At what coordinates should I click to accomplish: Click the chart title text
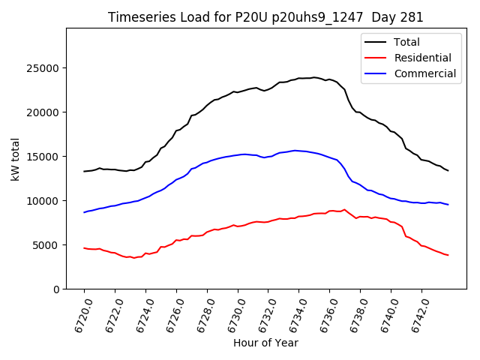coord(265,17)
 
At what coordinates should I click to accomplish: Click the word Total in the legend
coord(407,42)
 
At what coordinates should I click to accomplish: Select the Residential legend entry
coord(423,58)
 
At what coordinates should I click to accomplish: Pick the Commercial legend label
coord(425,73)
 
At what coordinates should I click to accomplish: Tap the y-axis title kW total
coord(15,159)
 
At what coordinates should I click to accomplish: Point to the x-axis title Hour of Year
coord(265,343)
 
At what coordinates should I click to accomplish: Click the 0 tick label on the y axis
coord(56,289)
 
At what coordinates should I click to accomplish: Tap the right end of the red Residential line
coord(448,255)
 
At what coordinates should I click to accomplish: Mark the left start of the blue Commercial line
coord(84,212)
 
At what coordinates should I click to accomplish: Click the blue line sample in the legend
coord(376,73)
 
